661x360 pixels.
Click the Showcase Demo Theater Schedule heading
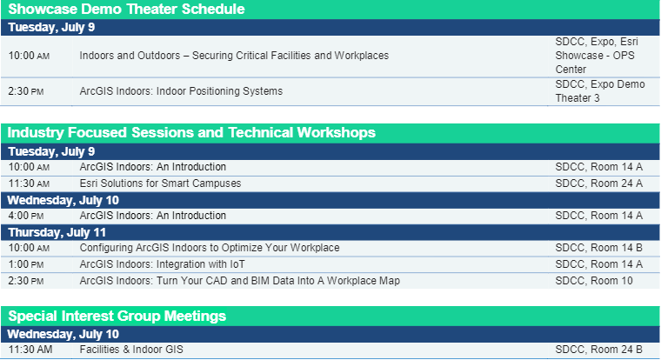(x=126, y=10)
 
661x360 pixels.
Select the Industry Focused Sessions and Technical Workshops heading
(x=191, y=132)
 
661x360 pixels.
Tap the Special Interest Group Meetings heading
(x=117, y=315)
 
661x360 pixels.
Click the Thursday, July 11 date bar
(x=57, y=232)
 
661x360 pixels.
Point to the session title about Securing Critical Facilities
(x=234, y=56)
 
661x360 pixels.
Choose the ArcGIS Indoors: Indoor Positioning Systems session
(x=181, y=91)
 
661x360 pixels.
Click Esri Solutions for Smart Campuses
(x=160, y=183)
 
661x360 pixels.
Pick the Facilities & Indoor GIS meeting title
(x=131, y=350)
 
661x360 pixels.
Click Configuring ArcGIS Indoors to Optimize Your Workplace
(x=210, y=248)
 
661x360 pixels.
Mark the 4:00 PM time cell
(x=29, y=216)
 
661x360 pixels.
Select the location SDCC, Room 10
(x=595, y=280)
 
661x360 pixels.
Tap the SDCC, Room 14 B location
(x=598, y=248)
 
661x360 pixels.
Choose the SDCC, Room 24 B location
(x=598, y=350)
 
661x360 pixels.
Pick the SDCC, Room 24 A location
(x=598, y=183)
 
